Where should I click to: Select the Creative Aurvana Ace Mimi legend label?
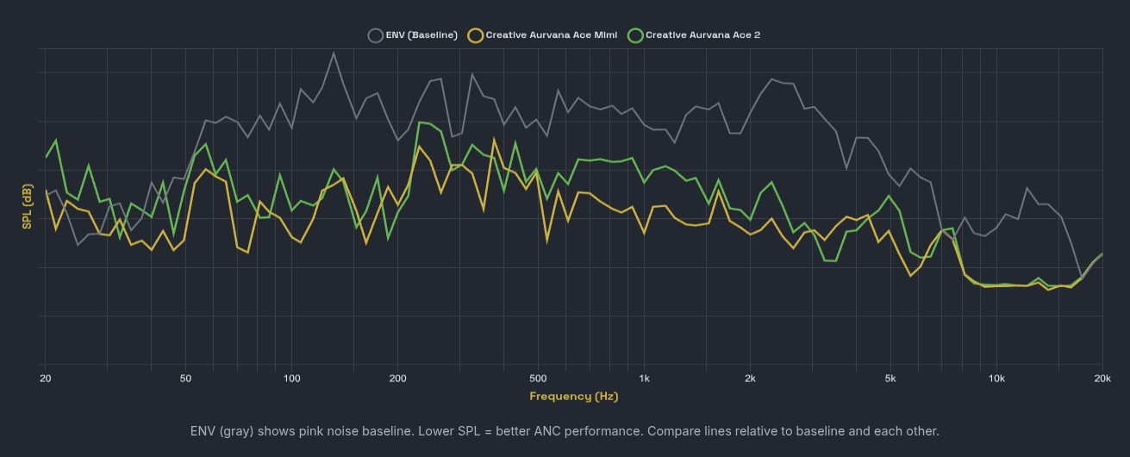tap(551, 35)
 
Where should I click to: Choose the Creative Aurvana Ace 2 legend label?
tap(702, 35)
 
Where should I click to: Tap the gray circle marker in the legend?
tap(375, 35)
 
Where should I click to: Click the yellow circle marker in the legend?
tap(475, 35)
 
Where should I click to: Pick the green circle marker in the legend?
tap(635, 35)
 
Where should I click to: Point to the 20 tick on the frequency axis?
tap(46, 379)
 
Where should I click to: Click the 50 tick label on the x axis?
tap(185, 379)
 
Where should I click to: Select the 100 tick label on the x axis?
tap(291, 379)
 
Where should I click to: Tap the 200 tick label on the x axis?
tap(397, 379)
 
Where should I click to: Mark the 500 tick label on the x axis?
tap(538, 379)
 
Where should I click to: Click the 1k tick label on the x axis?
tap(644, 379)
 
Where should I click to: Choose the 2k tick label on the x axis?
tap(750, 379)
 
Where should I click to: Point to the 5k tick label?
tap(890, 379)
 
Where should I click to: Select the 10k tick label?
tap(996, 379)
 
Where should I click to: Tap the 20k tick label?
tap(1102, 379)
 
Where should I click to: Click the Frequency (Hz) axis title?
tap(573, 397)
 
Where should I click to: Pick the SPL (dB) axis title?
tap(27, 207)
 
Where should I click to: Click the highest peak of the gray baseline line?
tap(334, 53)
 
